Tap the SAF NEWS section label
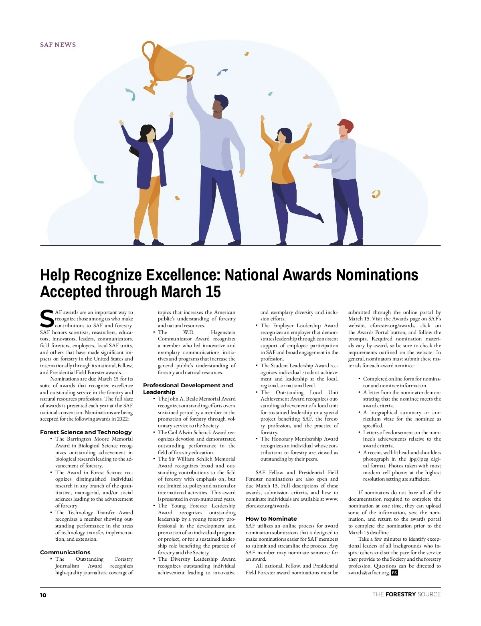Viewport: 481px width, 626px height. click(x=58, y=45)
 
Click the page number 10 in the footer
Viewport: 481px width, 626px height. click(x=43, y=595)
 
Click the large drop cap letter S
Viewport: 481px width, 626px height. click(x=47, y=319)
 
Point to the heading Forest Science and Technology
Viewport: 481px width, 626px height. click(x=86, y=432)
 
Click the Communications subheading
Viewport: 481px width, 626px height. click(x=65, y=552)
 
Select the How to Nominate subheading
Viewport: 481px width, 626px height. click(x=271, y=519)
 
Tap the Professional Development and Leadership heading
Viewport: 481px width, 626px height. click(x=188, y=388)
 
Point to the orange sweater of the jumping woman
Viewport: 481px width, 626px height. click(x=283, y=160)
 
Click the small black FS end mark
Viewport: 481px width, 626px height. click(x=394, y=573)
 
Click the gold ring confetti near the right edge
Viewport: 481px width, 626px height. click(x=376, y=194)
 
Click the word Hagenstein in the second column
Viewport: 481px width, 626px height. click(x=223, y=332)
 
